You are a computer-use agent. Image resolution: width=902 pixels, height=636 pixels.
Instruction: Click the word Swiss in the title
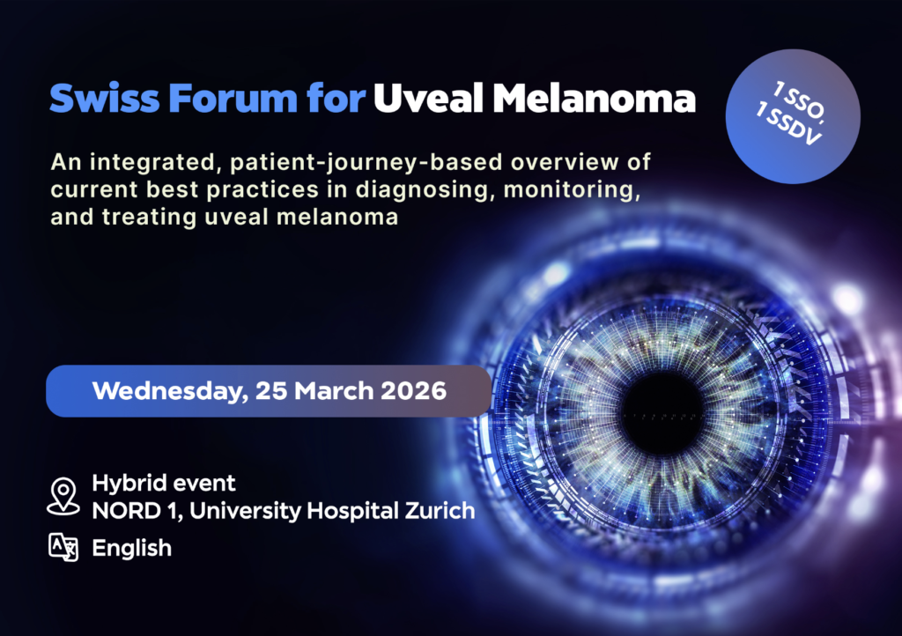click(x=105, y=99)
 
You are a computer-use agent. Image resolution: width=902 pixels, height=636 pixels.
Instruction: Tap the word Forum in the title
click(x=233, y=99)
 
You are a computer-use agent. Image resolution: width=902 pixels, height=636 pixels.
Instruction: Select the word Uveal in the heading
click(x=428, y=99)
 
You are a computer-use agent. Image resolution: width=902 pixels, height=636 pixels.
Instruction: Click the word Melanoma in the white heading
click(x=595, y=99)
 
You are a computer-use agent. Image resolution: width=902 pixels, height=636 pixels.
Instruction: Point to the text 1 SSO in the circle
click(x=800, y=102)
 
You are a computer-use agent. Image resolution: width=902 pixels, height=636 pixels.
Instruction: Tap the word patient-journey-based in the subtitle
click(x=366, y=163)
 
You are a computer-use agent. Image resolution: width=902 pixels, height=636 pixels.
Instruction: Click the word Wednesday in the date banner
click(x=170, y=392)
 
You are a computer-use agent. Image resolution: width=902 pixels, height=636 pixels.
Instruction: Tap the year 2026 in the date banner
click(x=414, y=391)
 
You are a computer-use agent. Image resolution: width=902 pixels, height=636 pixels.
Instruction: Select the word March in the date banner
click(x=334, y=391)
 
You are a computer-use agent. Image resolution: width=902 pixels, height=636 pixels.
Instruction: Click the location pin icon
click(x=63, y=496)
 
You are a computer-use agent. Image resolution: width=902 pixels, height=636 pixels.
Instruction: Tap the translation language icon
click(x=63, y=547)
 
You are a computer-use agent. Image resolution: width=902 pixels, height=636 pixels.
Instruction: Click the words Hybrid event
click(x=164, y=483)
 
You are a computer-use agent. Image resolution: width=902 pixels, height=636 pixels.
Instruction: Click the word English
click(x=132, y=548)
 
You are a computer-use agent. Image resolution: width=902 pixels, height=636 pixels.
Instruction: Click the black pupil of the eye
click(x=662, y=413)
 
